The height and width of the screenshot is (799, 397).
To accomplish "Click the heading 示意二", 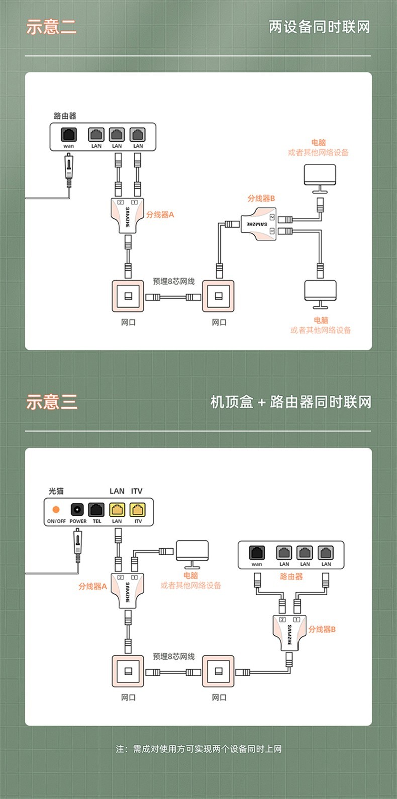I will tap(51, 27).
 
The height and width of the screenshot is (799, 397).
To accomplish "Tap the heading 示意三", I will tap(51, 402).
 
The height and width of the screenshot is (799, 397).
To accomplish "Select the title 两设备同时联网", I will tap(319, 27).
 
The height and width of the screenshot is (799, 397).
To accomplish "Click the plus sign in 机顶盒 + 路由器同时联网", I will tap(261, 403).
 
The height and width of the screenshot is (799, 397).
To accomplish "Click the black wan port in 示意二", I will tap(69, 135).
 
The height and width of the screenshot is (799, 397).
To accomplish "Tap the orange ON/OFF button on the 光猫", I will tap(56, 510).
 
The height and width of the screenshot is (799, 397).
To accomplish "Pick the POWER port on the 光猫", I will tap(77, 510).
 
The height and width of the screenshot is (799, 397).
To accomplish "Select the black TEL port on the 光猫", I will tap(96, 510).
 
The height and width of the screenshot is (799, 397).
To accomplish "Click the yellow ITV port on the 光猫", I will tap(137, 510).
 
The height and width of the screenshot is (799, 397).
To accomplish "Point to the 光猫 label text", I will tap(56, 491).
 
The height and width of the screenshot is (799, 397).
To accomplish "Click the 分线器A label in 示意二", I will tap(160, 215).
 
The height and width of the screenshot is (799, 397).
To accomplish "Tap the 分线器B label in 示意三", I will tap(322, 629).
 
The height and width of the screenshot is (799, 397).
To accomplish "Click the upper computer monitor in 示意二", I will tap(320, 176).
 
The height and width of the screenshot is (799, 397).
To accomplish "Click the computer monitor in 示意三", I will tap(191, 552).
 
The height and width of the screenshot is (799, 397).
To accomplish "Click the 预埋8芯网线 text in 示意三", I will tap(173, 656).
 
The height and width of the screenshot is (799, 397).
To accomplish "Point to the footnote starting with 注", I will tap(198, 749).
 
